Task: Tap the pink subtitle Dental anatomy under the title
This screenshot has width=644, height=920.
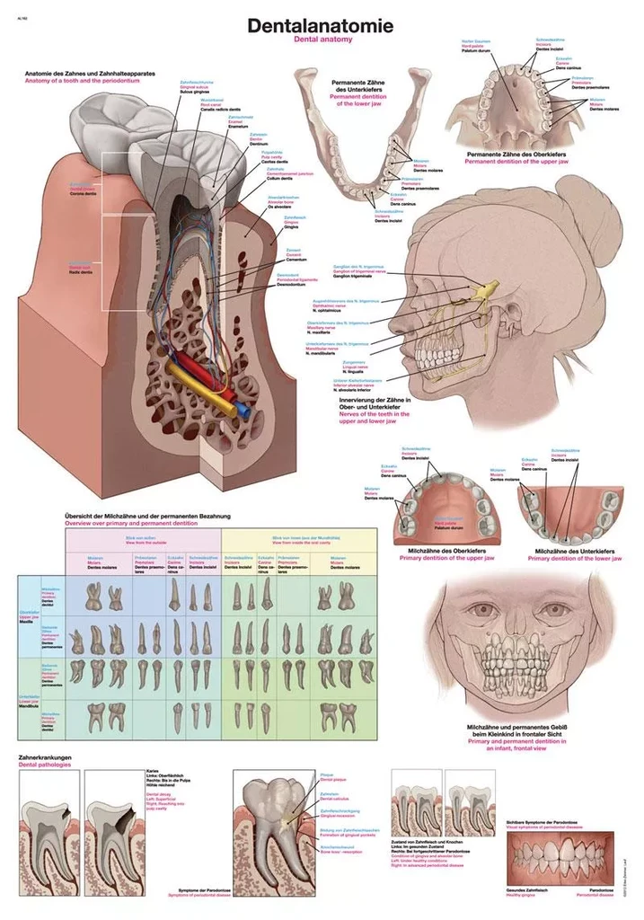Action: [322, 40]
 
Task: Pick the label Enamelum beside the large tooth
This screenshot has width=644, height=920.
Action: [238, 127]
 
